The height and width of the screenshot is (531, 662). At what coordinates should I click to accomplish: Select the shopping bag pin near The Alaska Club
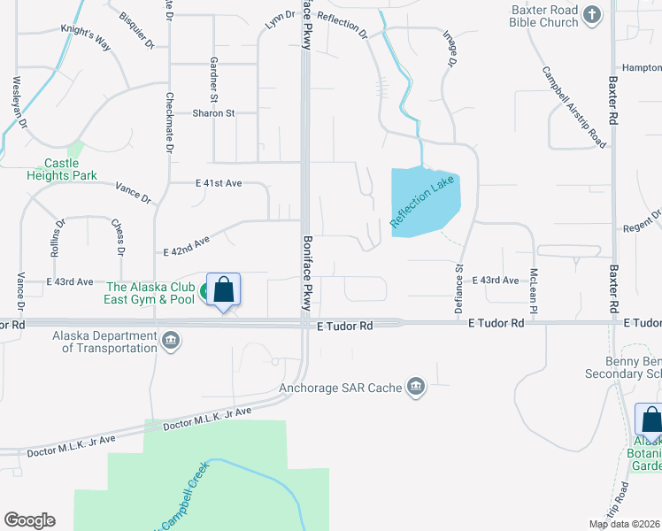pyautogui.click(x=224, y=290)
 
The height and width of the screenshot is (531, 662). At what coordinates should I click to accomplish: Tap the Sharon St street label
pyautogui.click(x=213, y=113)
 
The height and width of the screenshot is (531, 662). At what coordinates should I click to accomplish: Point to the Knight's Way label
pyautogui.click(x=84, y=42)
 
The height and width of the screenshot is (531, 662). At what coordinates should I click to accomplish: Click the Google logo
pyautogui.click(x=29, y=520)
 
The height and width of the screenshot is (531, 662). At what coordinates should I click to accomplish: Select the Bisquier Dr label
pyautogui.click(x=136, y=30)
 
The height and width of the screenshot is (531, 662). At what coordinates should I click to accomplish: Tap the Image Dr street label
pyautogui.click(x=450, y=52)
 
